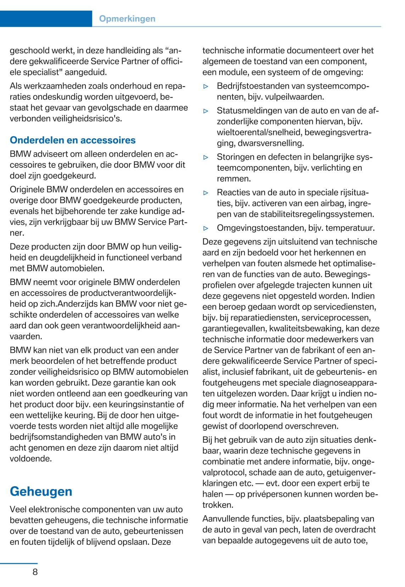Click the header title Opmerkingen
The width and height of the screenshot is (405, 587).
coord(127,19)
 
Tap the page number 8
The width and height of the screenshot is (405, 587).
coord(35,572)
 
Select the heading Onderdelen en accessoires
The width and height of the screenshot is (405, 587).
coord(73,140)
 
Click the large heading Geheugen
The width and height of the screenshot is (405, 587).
coord(41,491)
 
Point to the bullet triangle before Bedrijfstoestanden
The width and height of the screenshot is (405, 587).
coord(206,86)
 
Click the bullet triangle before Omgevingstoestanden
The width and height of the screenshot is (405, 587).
coord(206,228)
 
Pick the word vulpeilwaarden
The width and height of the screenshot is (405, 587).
coord(295,97)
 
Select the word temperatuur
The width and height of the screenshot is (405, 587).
coord(350,228)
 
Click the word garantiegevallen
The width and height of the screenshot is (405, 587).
coord(234,328)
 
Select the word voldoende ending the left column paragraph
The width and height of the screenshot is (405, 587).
coord(30,459)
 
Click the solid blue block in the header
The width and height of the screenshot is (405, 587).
coord(46,19)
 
